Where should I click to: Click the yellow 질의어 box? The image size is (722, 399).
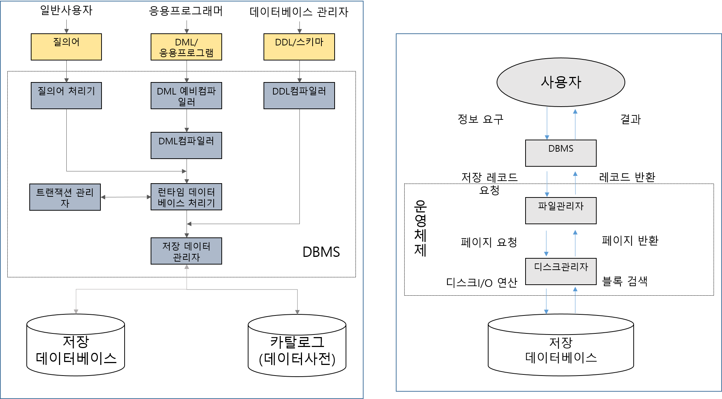click(66, 47)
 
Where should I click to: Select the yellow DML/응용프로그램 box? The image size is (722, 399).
click(186, 47)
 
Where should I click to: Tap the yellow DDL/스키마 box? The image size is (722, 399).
click(299, 47)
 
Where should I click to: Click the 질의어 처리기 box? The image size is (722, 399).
click(66, 96)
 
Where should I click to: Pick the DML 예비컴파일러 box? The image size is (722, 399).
click(186, 96)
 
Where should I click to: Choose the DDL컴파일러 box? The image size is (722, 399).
click(299, 96)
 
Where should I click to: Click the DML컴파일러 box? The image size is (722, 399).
click(186, 145)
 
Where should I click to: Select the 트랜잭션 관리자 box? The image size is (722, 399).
click(65, 197)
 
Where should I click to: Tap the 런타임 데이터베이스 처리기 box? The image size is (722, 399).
click(186, 197)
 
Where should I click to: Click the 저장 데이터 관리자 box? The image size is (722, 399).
click(186, 251)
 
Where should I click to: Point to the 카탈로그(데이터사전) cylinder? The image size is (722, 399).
click(297, 346)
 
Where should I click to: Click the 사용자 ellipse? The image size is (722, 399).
click(561, 82)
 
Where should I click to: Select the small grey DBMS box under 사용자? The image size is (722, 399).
click(561, 153)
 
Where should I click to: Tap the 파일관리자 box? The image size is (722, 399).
click(561, 211)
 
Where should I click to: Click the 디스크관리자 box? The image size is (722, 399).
click(561, 271)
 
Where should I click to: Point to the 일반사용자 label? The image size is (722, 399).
click(66, 10)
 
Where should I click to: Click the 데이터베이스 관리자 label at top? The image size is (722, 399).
click(299, 12)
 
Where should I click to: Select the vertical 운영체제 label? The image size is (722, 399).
click(420, 228)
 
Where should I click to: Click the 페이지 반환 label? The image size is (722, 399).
click(630, 241)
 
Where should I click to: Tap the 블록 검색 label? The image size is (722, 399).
click(625, 281)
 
